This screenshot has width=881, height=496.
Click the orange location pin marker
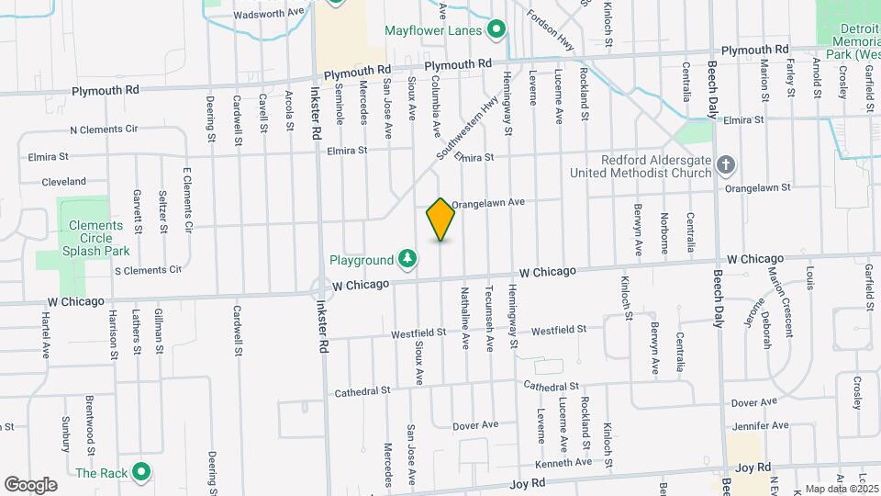[440, 220]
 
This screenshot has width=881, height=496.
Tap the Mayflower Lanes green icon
[496, 30]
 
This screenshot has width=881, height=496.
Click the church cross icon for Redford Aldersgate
[726, 165]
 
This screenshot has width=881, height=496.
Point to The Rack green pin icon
[140, 473]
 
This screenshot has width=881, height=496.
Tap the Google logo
[30, 484]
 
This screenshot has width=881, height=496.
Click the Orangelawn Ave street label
[487, 202]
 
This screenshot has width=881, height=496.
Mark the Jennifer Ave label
[761, 425]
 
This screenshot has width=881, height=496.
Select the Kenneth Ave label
[564, 462]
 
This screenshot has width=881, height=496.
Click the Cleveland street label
[63, 182]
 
